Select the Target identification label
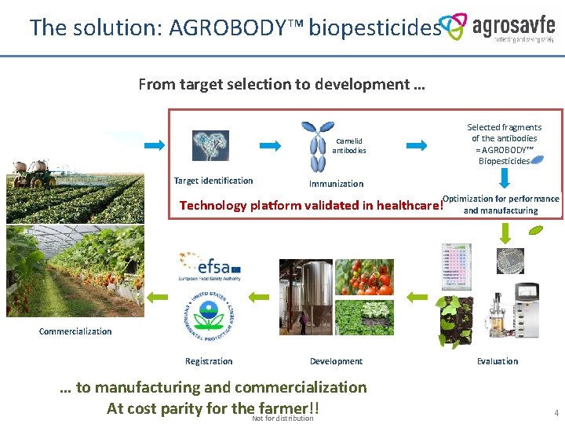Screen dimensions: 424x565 tap(213, 181)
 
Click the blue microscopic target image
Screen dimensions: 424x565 tap(210, 145)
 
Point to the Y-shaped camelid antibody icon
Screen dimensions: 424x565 tap(317, 146)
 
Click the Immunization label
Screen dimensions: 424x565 tap(336, 184)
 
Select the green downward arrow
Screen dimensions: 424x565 tap(506, 232)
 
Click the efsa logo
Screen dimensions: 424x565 tap(209, 267)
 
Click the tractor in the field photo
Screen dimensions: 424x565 tap(32, 175)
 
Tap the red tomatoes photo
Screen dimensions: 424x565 tap(364, 277)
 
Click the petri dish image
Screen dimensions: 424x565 tap(510, 261)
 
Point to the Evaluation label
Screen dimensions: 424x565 tap(498, 361)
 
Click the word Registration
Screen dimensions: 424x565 tap(209, 361)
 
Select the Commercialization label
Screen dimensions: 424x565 tap(75, 331)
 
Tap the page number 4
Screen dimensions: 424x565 tap(556, 412)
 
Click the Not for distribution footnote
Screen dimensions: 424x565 tap(282, 419)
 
